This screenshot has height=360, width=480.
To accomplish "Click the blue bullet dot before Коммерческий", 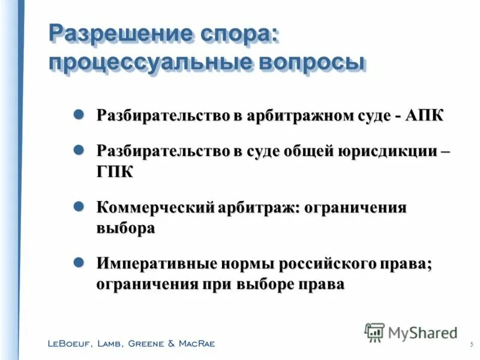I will (78, 207).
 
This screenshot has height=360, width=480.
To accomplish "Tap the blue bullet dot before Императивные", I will (78, 263).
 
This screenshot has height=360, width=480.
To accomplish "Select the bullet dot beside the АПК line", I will (78, 115).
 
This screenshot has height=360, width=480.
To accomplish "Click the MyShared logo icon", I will (374, 332).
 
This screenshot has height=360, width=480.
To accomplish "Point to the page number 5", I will (472, 344).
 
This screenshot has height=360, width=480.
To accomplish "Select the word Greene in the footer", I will (143, 344).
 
